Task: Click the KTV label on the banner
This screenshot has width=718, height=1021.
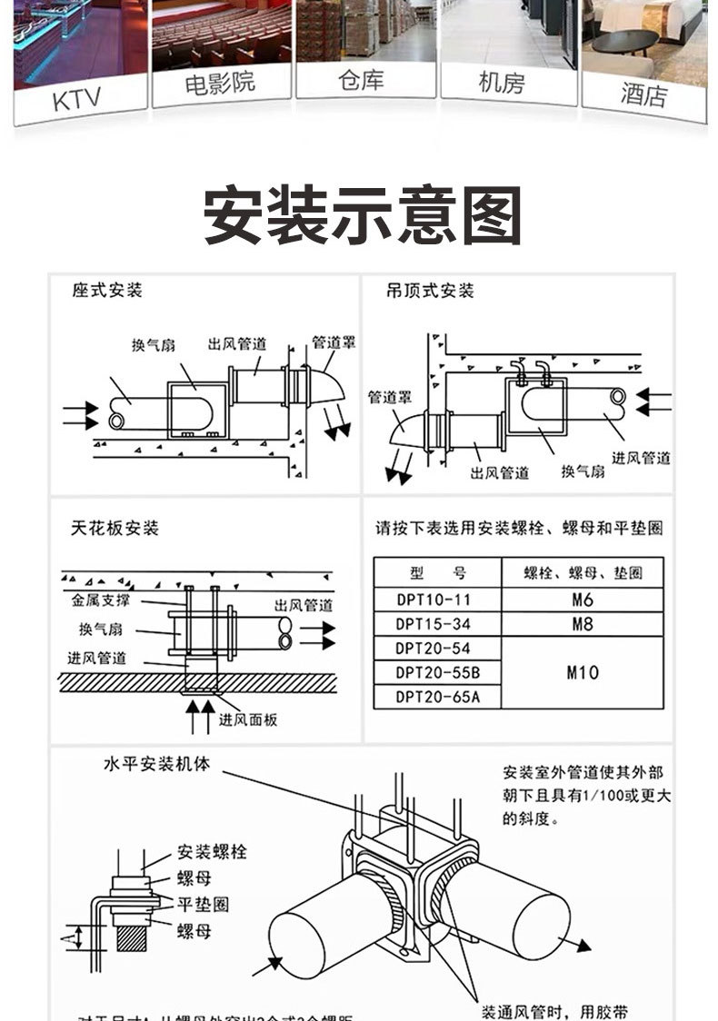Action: (x=76, y=98)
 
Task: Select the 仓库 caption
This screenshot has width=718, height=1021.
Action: (x=361, y=81)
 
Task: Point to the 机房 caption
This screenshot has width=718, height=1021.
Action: (x=502, y=84)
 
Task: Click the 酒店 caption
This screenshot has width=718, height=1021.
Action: (x=643, y=94)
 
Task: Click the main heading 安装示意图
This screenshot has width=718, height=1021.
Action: (x=363, y=216)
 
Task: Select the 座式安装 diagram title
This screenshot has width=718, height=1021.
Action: (x=107, y=291)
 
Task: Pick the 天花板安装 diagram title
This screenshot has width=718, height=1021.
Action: (x=115, y=528)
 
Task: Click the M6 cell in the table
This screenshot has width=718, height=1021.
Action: (x=583, y=600)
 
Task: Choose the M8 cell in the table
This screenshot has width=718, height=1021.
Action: (x=583, y=624)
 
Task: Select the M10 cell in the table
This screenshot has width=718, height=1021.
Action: (x=583, y=672)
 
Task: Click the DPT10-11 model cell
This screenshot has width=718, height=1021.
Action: (x=434, y=600)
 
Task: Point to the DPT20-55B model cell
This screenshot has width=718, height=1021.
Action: (x=437, y=672)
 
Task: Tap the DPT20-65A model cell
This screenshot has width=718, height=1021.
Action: (x=437, y=697)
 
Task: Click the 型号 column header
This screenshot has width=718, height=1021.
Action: (x=437, y=573)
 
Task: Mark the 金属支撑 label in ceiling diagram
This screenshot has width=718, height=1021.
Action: (x=103, y=600)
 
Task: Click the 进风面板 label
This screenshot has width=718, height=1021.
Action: (x=248, y=719)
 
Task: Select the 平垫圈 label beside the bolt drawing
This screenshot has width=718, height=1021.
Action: (x=203, y=904)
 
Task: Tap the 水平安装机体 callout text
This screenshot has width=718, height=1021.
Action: (x=156, y=765)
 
